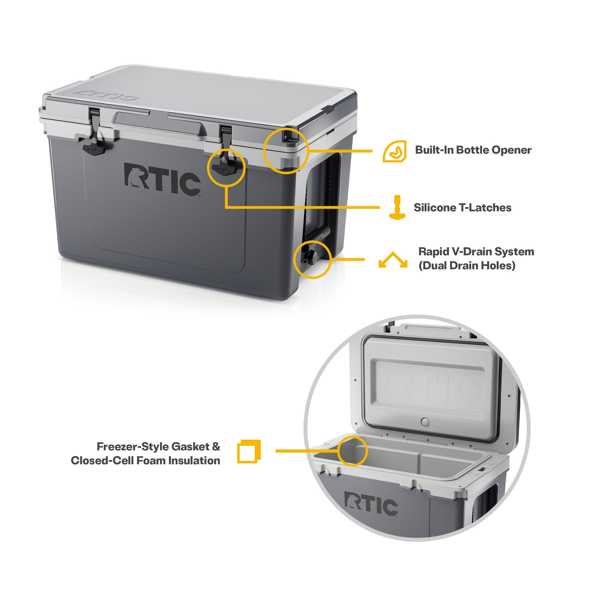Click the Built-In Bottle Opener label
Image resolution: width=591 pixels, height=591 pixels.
[473, 150]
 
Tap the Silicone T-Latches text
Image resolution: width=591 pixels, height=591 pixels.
[462, 208]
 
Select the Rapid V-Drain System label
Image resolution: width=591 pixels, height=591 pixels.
[476, 252]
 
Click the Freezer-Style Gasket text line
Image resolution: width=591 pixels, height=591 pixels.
[158, 447]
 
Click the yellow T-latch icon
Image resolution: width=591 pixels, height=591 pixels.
[397, 207]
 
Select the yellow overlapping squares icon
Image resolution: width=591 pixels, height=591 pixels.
[249, 452]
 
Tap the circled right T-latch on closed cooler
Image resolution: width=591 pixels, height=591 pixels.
[224, 168]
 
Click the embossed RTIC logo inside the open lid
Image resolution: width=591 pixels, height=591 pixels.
[431, 386]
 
